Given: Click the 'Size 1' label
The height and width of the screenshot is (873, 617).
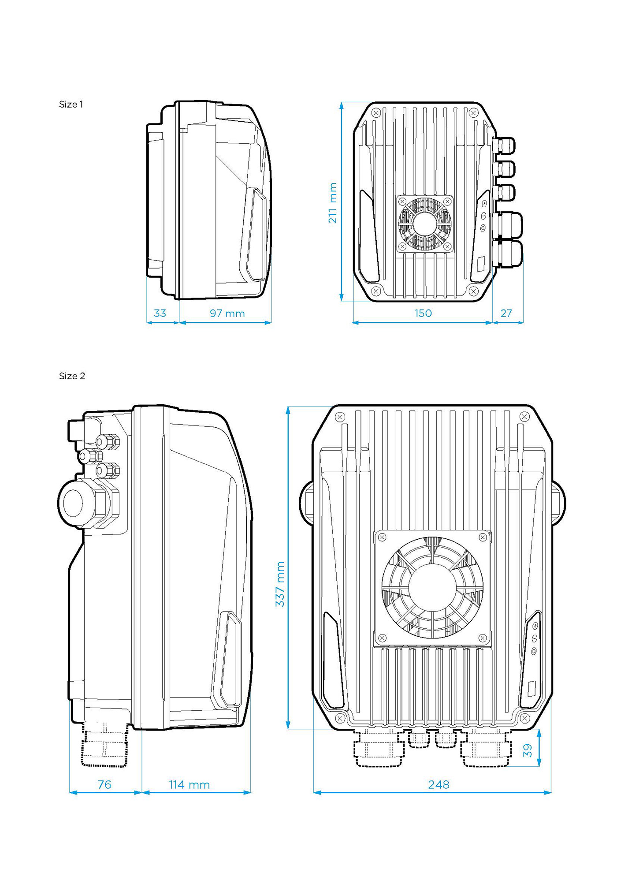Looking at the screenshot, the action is click(71, 104).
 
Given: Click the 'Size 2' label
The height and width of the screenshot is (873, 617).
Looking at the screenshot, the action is click(72, 376).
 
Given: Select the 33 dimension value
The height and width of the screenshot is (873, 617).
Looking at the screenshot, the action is click(160, 313).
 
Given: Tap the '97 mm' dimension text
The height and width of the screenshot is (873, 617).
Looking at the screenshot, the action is click(227, 313).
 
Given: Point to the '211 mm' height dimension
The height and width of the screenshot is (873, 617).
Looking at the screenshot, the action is click(333, 203).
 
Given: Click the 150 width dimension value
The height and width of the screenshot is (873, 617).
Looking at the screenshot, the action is click(423, 313).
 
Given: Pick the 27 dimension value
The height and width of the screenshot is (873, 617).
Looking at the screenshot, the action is click(506, 313).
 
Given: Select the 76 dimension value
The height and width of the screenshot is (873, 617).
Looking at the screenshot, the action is click(104, 785).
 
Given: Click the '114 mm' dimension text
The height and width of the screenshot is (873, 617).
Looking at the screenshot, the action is click(190, 785).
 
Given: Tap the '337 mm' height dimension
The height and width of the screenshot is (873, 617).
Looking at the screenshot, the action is click(280, 584).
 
